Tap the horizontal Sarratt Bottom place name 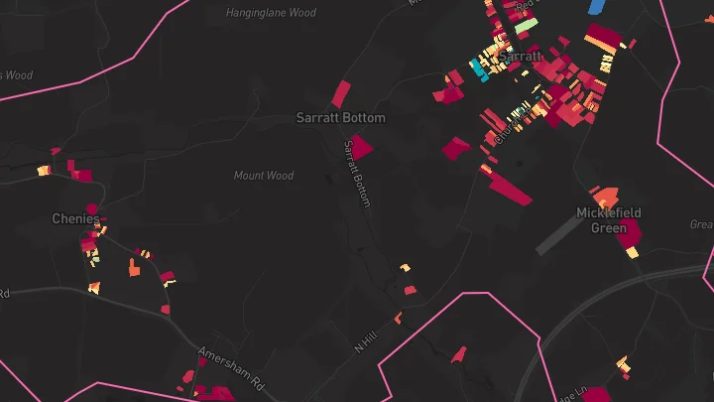(x=340, y=117)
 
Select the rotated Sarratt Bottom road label (x=357, y=174)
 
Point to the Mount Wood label (x=264, y=176)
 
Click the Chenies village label (x=76, y=218)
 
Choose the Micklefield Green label (x=609, y=220)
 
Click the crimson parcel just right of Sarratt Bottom (x=362, y=147)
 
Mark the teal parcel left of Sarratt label (x=479, y=70)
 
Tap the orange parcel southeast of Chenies (x=134, y=267)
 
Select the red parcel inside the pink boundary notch (x=458, y=353)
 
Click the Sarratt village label (x=521, y=57)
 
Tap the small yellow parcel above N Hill (x=405, y=268)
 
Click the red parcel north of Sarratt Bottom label (x=340, y=93)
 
